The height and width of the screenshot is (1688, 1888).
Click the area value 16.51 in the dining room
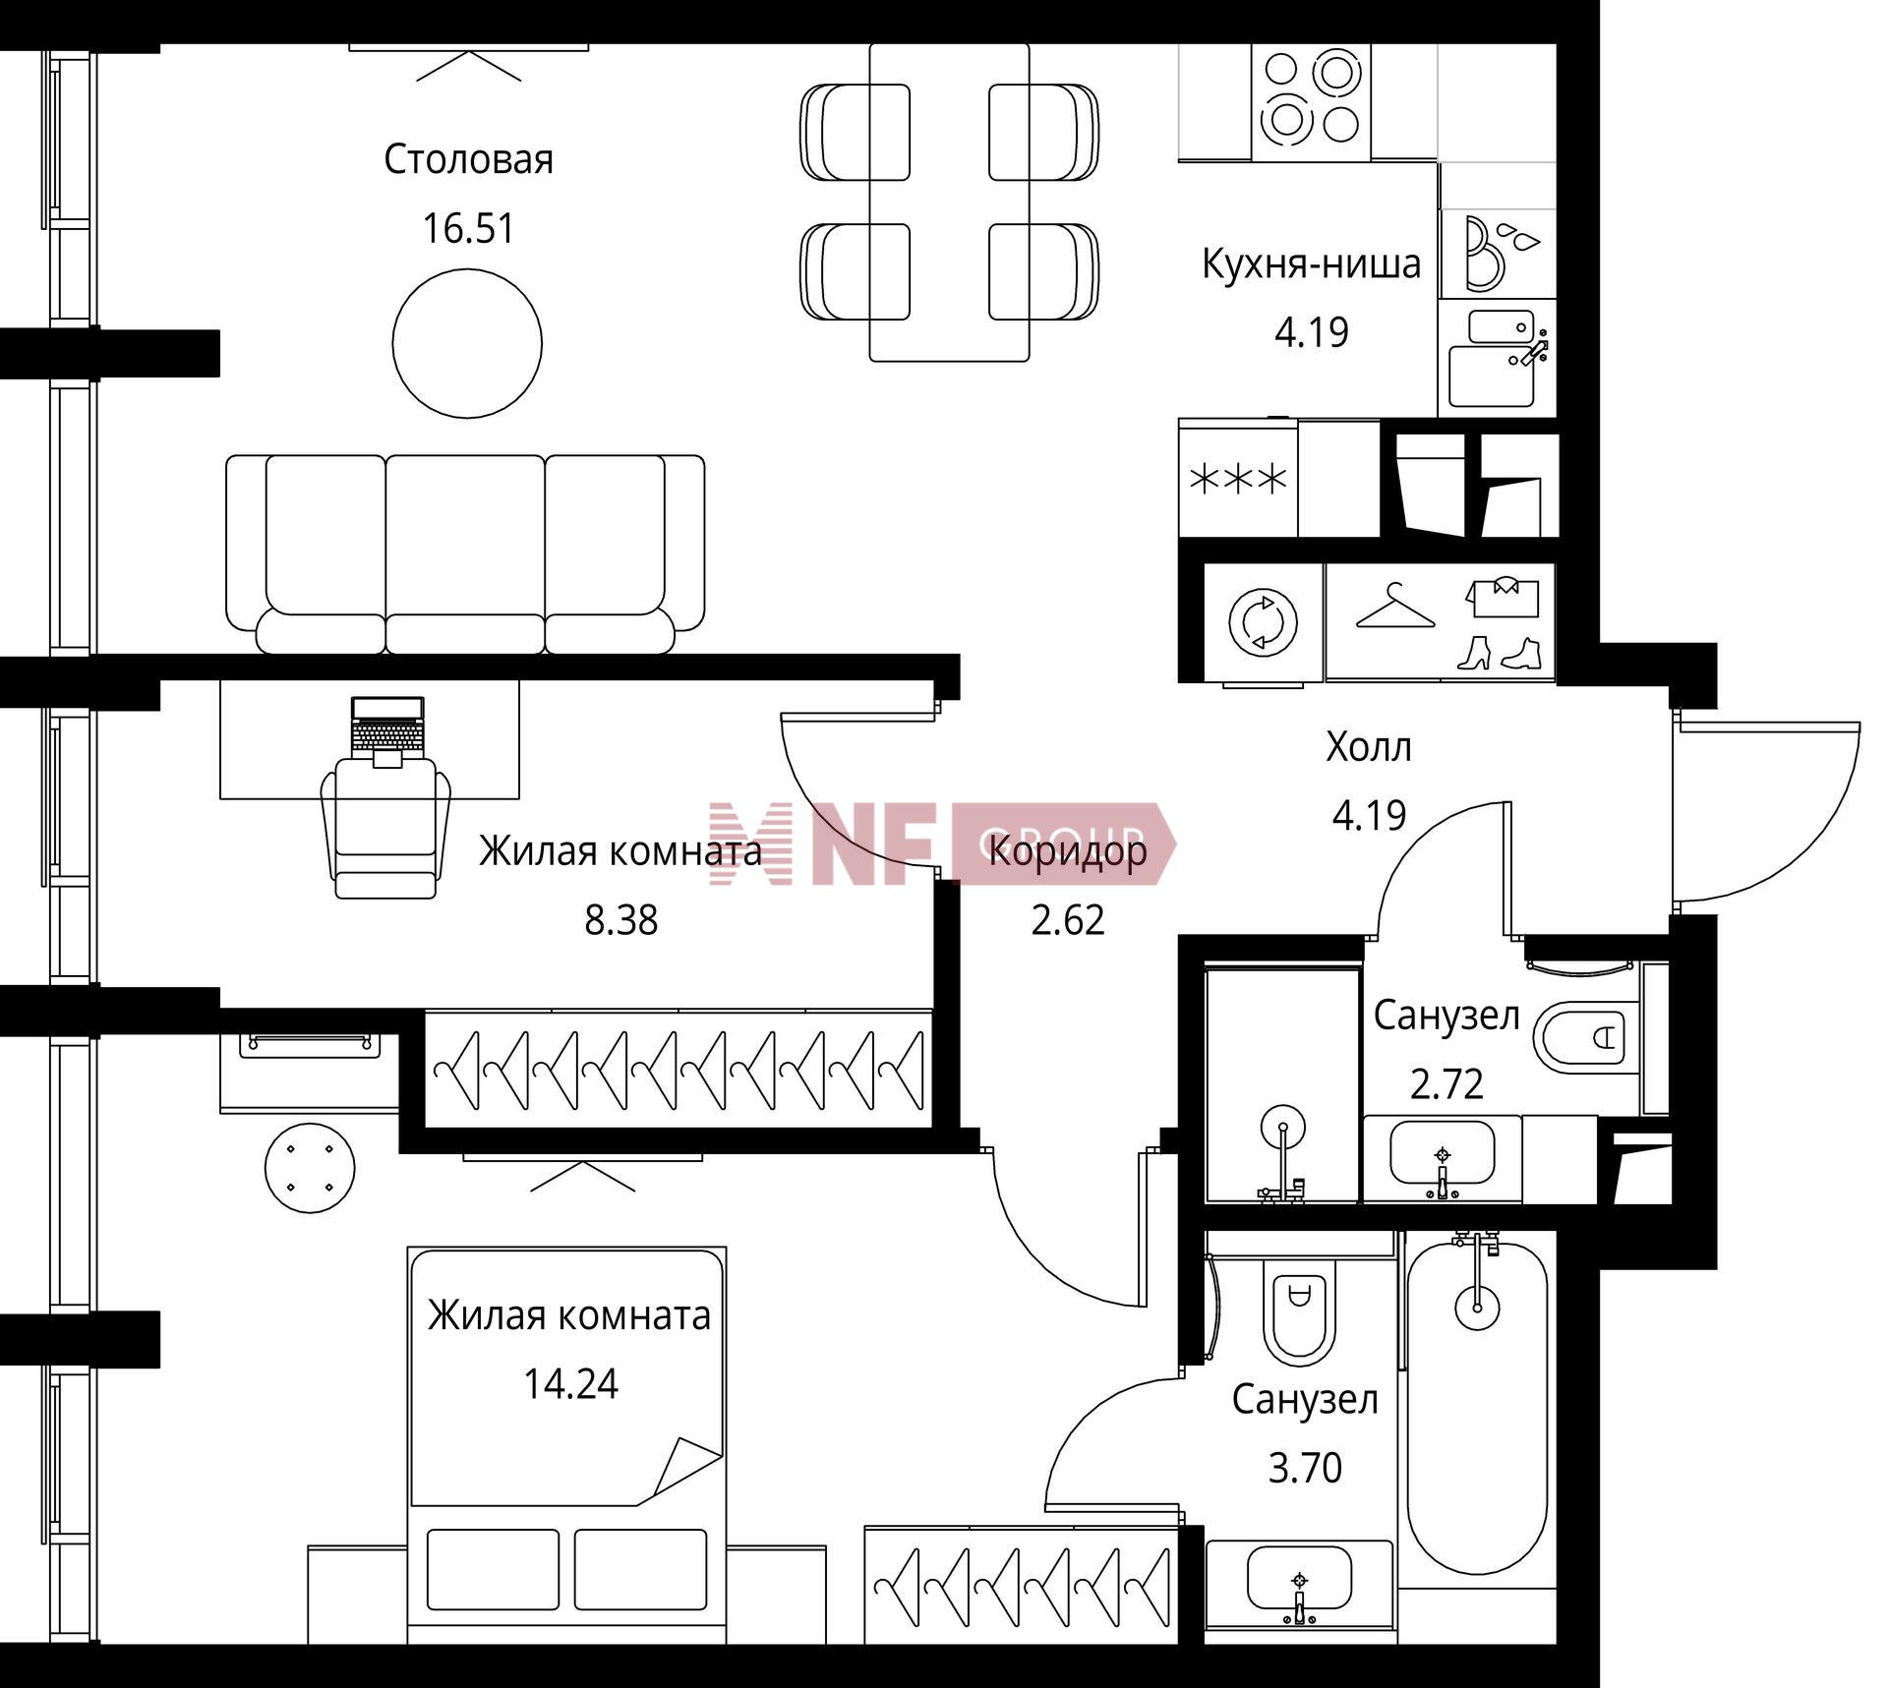pos(468,228)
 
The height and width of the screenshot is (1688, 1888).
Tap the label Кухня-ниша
pos(1312,263)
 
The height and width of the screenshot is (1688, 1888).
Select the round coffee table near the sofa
pos(467,343)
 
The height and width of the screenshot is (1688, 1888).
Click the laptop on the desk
pos(388,725)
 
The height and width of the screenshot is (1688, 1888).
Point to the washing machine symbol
pos(1264,622)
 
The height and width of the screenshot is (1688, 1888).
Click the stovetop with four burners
pos(1310,97)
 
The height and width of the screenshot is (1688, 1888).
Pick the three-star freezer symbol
pos(1238,480)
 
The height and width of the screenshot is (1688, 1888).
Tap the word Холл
pos(1369,747)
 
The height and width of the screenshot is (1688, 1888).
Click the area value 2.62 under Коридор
pos(1068,920)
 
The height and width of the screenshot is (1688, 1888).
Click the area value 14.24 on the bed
pos(570,1384)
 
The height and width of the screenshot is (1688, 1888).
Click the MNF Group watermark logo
pos(942,844)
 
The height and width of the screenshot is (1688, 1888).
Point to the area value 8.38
pos(621,920)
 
